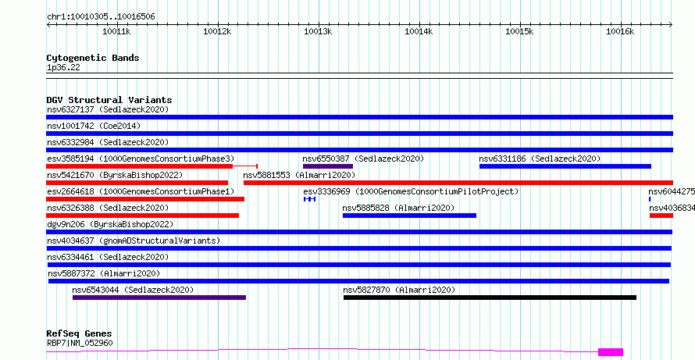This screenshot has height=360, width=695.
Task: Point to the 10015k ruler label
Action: pos(519,31)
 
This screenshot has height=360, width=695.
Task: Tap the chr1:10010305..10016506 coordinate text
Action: pos(101,17)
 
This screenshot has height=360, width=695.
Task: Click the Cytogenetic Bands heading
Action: pos(93,58)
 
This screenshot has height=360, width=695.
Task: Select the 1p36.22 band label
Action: pos(63,68)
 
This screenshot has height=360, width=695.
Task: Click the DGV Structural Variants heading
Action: pos(109,100)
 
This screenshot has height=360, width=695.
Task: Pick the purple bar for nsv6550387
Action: pos(327,166)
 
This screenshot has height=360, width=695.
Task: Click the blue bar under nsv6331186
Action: pos(565,166)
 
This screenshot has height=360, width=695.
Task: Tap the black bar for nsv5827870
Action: pos(490,298)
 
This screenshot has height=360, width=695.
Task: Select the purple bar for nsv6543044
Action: pos(159,298)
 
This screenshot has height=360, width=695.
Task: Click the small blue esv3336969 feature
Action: pos(309,199)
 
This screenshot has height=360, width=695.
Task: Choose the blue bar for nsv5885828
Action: pos(409,216)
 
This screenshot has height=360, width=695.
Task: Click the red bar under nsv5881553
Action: pos(458,183)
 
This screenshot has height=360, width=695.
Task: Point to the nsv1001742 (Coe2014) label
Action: pos(94,126)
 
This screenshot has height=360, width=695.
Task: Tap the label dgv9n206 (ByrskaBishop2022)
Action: pos(110,224)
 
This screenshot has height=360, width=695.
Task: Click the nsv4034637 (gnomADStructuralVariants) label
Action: pos(134,241)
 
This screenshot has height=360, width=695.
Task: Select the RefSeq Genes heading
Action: pos(80,333)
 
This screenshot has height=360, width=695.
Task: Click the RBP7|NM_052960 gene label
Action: pos(80,343)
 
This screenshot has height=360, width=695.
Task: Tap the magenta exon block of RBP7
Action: pos(611,352)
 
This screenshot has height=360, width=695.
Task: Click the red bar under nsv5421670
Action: pos(137,183)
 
